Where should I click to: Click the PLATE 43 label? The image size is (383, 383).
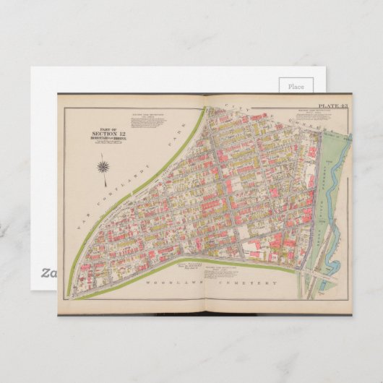[334, 106]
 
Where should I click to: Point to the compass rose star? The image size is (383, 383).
[103, 168]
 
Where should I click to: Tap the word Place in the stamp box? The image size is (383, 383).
[296, 87]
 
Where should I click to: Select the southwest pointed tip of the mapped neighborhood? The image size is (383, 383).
[77, 295]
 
